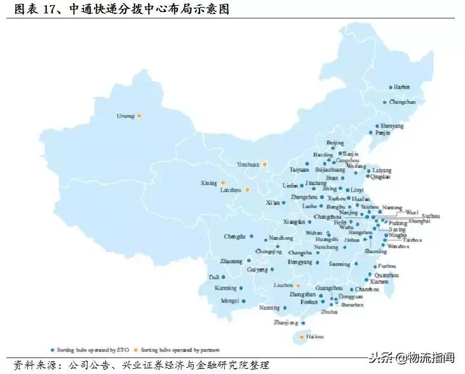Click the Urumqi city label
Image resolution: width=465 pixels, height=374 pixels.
pos(125,115)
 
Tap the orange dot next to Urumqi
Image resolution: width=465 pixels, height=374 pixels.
pos(139,115)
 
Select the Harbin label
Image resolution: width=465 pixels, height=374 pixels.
pos(401,87)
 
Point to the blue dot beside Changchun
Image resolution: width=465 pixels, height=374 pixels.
pos(384,102)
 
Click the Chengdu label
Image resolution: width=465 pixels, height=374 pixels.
pos(234,237)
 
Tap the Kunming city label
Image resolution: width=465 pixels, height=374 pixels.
pos(225,288)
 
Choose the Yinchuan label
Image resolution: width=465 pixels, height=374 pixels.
pos(248,164)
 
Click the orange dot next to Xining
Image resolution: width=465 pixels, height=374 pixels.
pos(223,183)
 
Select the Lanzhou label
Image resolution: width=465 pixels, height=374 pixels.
pos(231,190)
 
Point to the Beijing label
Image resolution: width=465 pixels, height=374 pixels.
pos(335,143)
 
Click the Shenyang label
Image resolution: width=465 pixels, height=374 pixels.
pos(392,126)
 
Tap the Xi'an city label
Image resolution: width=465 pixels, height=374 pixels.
pos(272,203)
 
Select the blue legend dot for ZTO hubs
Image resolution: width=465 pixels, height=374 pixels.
pos(52,350)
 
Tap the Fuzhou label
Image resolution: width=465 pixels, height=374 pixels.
pos(386,266)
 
